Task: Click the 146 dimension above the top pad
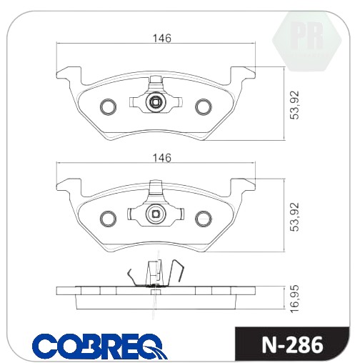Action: [162, 39]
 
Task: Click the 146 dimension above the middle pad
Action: [162, 158]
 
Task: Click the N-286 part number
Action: [292, 344]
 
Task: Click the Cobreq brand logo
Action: [100, 346]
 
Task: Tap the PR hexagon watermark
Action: [307, 41]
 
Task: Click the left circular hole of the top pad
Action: [109, 106]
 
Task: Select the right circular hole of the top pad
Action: [204, 106]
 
